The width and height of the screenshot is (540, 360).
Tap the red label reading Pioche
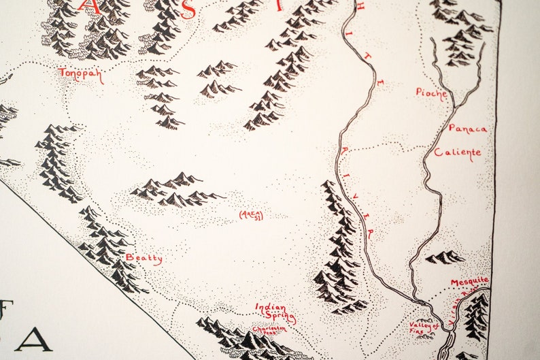(432, 93)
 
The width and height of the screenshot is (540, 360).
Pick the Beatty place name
(144, 258)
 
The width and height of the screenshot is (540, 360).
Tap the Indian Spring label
(275, 312)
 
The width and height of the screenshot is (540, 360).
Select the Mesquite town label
(469, 281)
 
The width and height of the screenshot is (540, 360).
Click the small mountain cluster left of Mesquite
(445, 257)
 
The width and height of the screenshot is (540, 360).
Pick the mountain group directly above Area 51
(177, 190)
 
